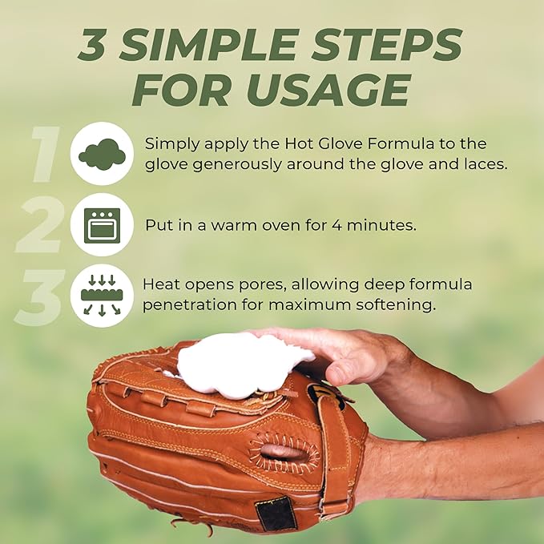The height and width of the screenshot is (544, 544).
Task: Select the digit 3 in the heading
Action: point(93,45)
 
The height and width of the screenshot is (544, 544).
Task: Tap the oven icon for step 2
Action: point(102,225)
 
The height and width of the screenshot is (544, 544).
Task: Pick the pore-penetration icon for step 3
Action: point(102,296)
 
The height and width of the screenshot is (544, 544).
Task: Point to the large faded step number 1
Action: point(45,154)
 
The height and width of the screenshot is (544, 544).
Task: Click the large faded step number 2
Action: point(40,224)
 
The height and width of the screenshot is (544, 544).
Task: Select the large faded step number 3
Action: point(40,297)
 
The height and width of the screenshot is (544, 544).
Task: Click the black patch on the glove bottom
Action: point(276,513)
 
